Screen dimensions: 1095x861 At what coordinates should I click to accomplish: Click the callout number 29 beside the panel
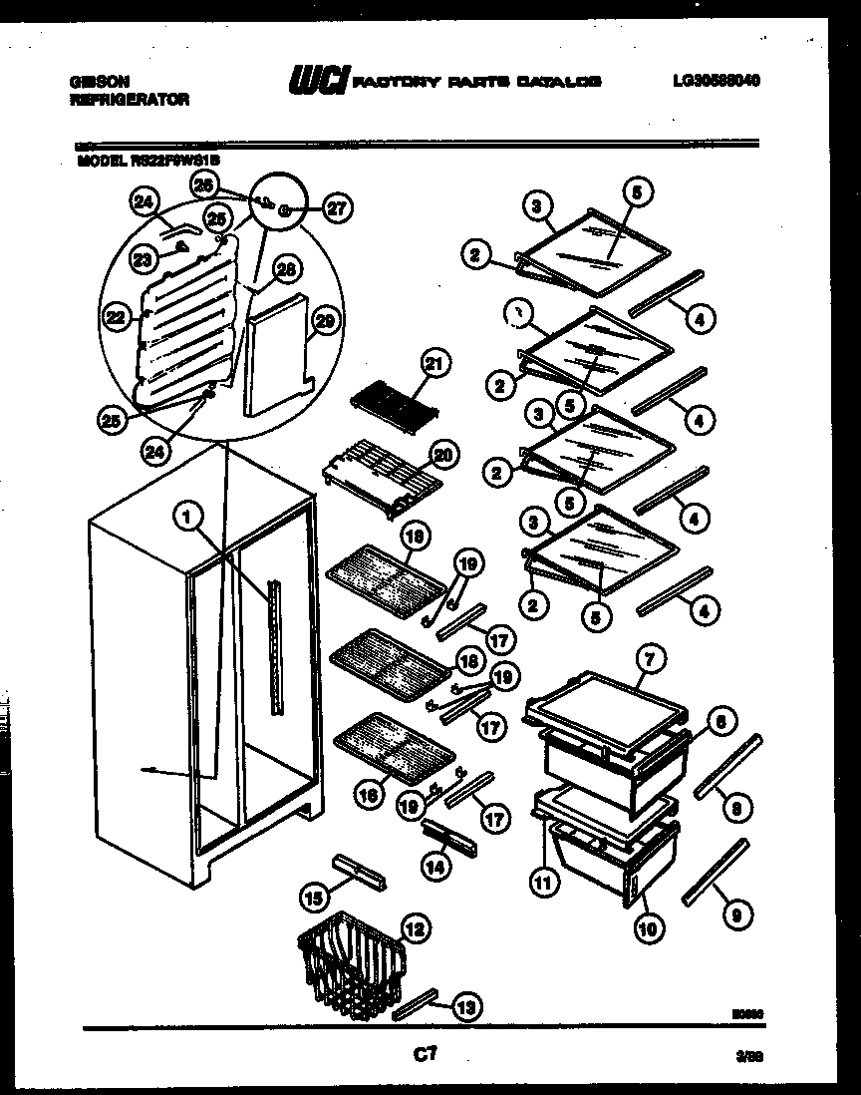(322, 320)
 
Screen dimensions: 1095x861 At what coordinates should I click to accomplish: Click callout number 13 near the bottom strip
(463, 1008)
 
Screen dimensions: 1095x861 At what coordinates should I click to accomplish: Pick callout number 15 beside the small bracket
(313, 898)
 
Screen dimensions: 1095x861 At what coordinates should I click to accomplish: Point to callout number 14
(434, 867)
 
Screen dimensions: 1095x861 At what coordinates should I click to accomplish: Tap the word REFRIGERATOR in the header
(129, 100)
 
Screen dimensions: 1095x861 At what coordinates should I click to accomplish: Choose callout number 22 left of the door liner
(118, 317)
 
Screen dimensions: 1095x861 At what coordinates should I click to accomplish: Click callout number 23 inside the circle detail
(143, 259)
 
